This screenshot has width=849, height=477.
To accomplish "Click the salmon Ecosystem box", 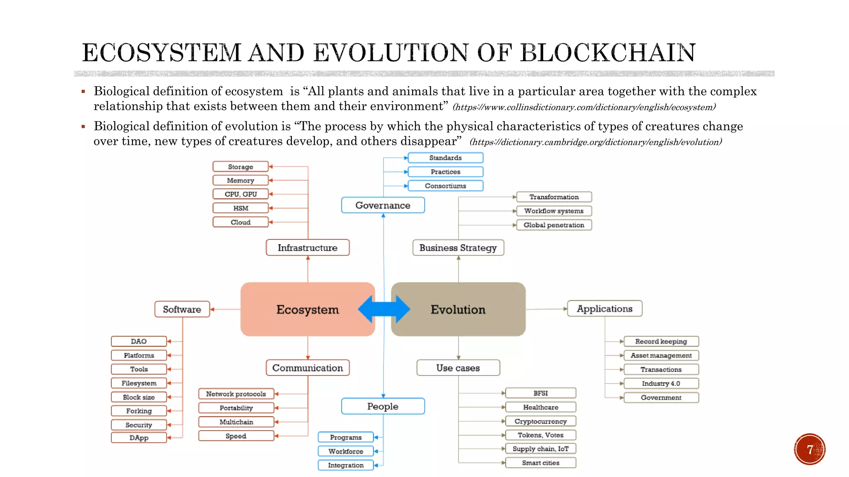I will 307,309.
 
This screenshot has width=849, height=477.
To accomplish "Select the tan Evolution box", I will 458,309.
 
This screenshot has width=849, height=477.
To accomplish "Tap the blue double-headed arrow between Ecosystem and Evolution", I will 384,309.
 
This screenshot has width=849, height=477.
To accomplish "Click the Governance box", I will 383,205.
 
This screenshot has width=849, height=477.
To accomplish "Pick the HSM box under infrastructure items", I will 240,208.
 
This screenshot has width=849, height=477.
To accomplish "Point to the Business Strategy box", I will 458,248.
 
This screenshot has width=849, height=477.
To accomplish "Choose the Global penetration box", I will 554,225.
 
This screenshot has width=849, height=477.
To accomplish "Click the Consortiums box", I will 445,186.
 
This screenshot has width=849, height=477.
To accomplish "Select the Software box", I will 182,309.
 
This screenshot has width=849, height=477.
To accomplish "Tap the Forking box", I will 139,411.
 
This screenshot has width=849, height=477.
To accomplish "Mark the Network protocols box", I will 236,394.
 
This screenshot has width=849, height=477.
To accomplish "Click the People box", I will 383,406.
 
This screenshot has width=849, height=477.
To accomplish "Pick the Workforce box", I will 346,451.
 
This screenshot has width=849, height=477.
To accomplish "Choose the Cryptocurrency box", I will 541,421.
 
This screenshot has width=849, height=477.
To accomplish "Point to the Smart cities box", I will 541,463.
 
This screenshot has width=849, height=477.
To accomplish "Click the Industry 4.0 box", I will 661,383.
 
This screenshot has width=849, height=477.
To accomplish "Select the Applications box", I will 604,309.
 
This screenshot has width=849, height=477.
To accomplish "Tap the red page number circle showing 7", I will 810,449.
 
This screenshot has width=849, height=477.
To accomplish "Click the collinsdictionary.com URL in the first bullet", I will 584,107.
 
